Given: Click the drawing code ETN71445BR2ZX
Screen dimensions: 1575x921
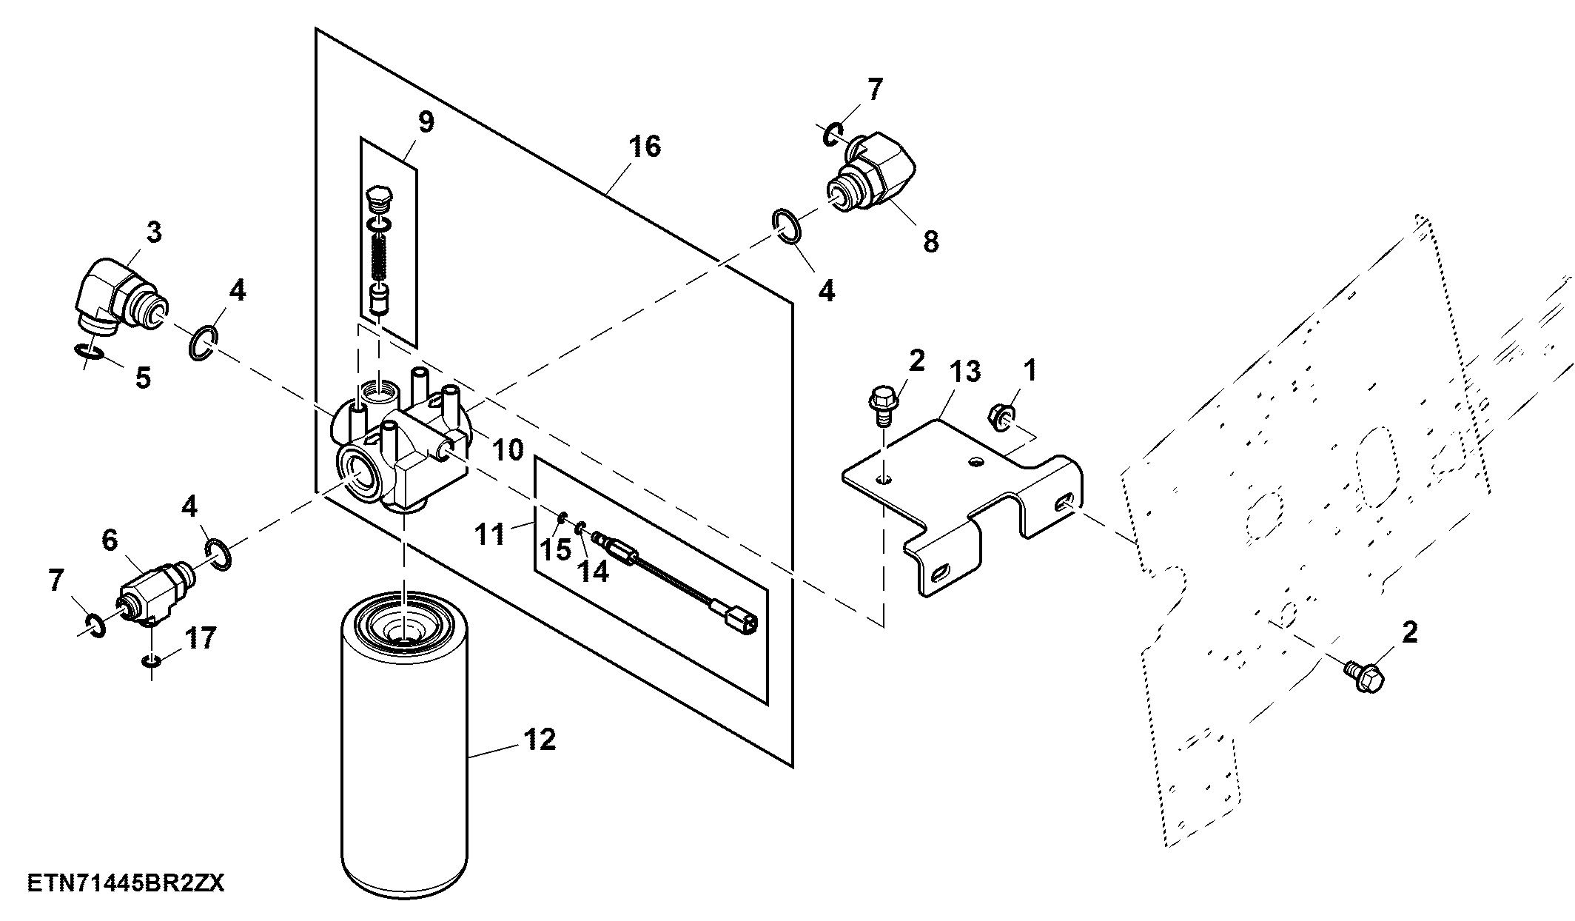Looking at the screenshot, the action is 126,883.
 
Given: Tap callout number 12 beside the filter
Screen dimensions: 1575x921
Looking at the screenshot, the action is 540,739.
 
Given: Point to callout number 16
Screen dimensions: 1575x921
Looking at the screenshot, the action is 645,147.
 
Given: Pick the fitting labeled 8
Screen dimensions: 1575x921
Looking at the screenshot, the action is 870,177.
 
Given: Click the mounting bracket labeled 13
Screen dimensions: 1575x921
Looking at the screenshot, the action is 963,503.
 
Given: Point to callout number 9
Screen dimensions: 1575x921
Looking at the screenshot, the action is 426,122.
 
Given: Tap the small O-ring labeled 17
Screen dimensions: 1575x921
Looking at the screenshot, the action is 151,659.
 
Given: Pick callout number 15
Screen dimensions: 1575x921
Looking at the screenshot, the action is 555,549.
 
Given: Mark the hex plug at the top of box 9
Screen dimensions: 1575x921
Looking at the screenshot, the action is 380,198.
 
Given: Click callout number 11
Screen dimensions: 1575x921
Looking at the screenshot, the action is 489,534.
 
